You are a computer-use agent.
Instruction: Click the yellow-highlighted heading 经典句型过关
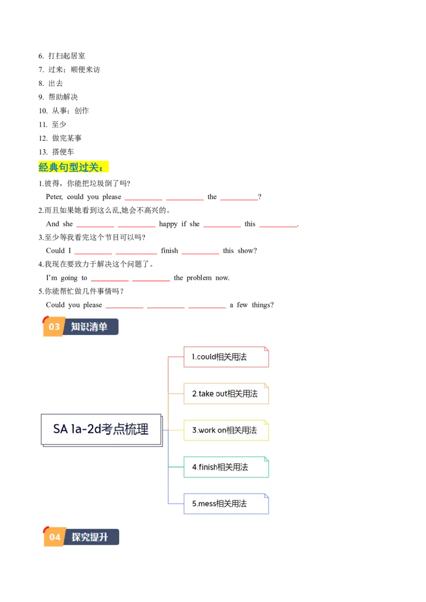[x=74, y=167]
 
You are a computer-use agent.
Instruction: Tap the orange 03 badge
[x=54, y=327]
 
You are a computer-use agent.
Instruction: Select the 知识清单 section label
[x=89, y=327]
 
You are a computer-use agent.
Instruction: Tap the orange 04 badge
[x=55, y=537]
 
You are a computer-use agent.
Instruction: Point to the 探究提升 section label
[x=90, y=537]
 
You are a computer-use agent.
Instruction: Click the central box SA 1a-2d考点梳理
[x=101, y=429]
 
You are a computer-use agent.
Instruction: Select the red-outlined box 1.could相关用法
[x=226, y=357]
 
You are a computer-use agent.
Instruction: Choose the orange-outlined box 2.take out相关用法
[x=226, y=394]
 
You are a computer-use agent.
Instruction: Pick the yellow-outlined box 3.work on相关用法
[x=226, y=430]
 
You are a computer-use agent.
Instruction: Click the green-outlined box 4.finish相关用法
[x=226, y=467]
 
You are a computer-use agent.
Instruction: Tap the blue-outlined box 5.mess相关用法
[x=226, y=504]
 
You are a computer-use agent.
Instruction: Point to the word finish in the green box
[x=208, y=467]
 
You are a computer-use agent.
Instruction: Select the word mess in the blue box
[x=207, y=504]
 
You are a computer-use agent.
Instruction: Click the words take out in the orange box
[x=213, y=394]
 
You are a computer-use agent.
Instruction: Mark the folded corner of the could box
[x=266, y=349]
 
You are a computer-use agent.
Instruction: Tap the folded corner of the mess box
[x=266, y=496]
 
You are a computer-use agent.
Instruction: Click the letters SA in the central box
[x=60, y=429]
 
